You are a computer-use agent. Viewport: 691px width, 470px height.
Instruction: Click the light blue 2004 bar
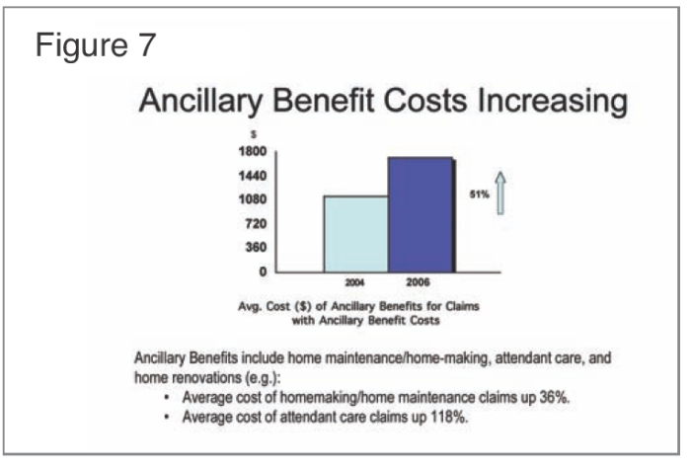pyautogui.click(x=355, y=233)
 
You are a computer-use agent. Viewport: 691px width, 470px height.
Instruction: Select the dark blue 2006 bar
pyautogui.click(x=420, y=214)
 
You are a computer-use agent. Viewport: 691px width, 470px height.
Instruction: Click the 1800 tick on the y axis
pyautogui.click(x=250, y=153)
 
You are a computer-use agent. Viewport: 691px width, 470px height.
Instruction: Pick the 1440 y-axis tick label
pyautogui.click(x=250, y=177)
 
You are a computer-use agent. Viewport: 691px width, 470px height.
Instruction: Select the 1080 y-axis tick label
pyautogui.click(x=250, y=200)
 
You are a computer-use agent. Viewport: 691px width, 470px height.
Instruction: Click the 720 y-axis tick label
pyautogui.click(x=254, y=224)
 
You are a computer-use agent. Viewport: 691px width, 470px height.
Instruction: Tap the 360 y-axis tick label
pyautogui.click(x=254, y=248)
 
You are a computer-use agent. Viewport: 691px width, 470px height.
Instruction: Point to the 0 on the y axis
pyautogui.click(x=263, y=272)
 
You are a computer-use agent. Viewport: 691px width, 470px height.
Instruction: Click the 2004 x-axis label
pyautogui.click(x=355, y=282)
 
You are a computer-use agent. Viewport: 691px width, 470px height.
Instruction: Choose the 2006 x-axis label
pyautogui.click(x=419, y=282)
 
